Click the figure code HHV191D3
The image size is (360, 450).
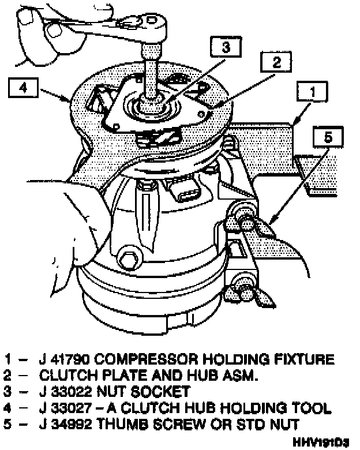(x=321, y=442)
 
